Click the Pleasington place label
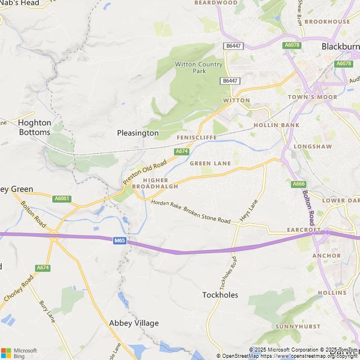138,133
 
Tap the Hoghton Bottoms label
34,127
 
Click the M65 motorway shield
119,241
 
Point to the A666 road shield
299,184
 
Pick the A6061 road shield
61,199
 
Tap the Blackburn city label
340,47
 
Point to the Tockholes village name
220,295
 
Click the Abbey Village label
134,323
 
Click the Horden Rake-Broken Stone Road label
191,211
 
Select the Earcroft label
304,230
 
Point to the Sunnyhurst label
298,326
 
